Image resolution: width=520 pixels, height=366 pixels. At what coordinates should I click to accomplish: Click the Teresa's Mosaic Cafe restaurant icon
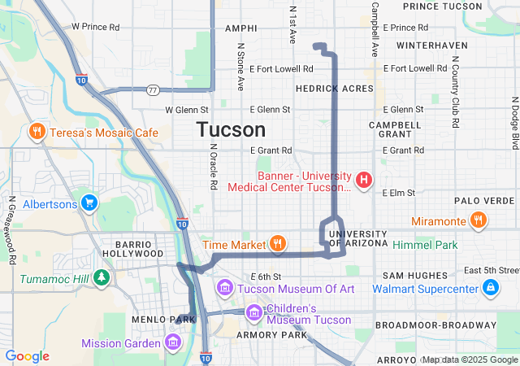click(x=37, y=132)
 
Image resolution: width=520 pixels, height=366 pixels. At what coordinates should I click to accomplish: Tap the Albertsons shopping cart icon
click(x=90, y=203)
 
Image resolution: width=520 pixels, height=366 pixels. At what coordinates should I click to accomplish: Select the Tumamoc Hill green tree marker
click(x=102, y=278)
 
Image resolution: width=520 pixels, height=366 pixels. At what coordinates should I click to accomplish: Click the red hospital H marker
click(x=365, y=180)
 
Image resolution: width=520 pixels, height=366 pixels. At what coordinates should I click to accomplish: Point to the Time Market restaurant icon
click(x=278, y=243)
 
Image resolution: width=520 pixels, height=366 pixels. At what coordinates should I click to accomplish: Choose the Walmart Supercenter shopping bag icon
click(x=491, y=287)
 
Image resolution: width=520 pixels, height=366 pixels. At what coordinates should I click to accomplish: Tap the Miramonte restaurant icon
click(x=479, y=220)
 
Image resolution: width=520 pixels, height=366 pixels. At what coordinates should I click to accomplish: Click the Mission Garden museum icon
click(x=172, y=342)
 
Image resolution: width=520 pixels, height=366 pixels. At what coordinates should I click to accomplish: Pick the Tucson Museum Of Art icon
click(x=225, y=288)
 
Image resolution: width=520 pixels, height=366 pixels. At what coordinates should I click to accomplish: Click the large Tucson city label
click(x=231, y=130)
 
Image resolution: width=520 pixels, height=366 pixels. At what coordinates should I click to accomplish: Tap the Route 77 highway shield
click(x=153, y=89)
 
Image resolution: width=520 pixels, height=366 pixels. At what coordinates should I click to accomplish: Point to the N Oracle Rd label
click(x=213, y=168)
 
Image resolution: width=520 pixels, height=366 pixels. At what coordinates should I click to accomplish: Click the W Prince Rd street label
click(x=96, y=26)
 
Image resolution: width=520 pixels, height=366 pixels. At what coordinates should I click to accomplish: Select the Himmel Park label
click(x=425, y=245)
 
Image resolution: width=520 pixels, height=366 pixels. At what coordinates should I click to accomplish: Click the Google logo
click(x=28, y=356)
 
